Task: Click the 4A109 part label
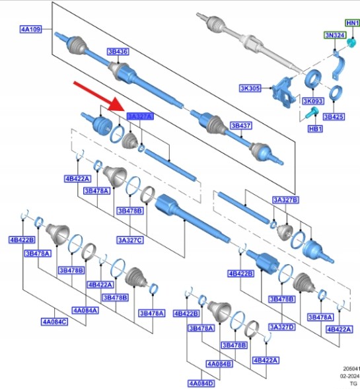[30, 29]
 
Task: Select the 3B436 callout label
[118, 52]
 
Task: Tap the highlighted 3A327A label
[140, 116]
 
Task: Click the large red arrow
[99, 96]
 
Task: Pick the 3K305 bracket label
[250, 88]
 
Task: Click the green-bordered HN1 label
[353, 23]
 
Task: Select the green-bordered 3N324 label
[335, 35]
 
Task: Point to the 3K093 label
[313, 101]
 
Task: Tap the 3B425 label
[334, 117]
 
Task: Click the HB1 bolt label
[315, 129]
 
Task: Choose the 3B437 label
[241, 125]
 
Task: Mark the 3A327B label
[286, 199]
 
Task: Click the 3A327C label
[130, 240]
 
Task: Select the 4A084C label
[54, 322]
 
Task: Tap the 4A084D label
[201, 384]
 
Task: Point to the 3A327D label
[282, 327]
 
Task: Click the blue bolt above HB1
[311, 113]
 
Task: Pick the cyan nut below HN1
[351, 43]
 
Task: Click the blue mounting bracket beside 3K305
[284, 92]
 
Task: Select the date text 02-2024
[350, 376]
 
